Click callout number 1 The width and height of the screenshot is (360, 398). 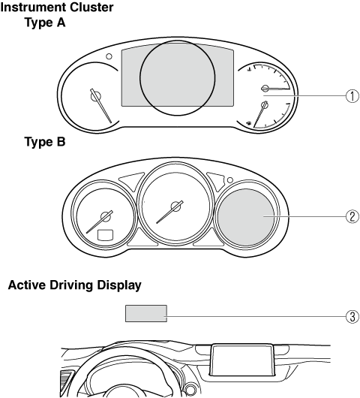point(352,96)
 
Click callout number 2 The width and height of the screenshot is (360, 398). point(352,216)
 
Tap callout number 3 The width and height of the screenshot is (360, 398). point(352,316)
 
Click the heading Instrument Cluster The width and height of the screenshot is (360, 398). point(57,8)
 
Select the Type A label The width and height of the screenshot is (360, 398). point(45,23)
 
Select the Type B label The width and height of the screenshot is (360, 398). point(45,141)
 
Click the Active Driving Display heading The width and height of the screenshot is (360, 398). point(74,285)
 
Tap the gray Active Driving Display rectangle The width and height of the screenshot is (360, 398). point(146,313)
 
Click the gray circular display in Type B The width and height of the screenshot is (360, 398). point(246,218)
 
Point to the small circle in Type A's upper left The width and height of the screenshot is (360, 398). point(109,56)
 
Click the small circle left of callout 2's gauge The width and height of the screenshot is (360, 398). point(230,180)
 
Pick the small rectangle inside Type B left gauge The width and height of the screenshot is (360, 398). point(106,234)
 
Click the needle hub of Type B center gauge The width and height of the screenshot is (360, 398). point(175,207)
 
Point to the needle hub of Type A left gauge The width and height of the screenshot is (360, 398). point(96,96)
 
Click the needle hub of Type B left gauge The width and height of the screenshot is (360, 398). point(106,216)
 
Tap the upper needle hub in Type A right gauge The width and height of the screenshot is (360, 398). point(265,89)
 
